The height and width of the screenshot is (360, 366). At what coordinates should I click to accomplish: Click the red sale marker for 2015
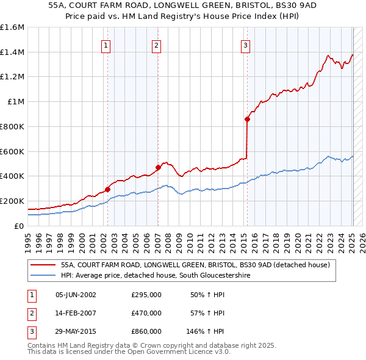[247, 119]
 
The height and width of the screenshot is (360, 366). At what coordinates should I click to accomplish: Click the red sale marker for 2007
[158, 167]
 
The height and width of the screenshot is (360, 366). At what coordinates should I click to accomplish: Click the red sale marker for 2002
[107, 189]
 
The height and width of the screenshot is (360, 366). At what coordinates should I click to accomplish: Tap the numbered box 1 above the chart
[106, 45]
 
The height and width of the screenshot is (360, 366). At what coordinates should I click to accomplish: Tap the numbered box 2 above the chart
[156, 45]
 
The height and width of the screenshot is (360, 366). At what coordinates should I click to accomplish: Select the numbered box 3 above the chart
[245, 45]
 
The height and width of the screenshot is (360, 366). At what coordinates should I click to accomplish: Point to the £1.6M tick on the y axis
[12, 27]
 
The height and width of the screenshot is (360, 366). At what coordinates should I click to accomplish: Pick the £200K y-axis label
[12, 201]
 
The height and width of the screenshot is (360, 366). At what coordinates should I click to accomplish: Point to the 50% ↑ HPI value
[208, 295]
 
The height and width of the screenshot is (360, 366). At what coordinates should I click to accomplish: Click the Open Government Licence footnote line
[129, 351]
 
